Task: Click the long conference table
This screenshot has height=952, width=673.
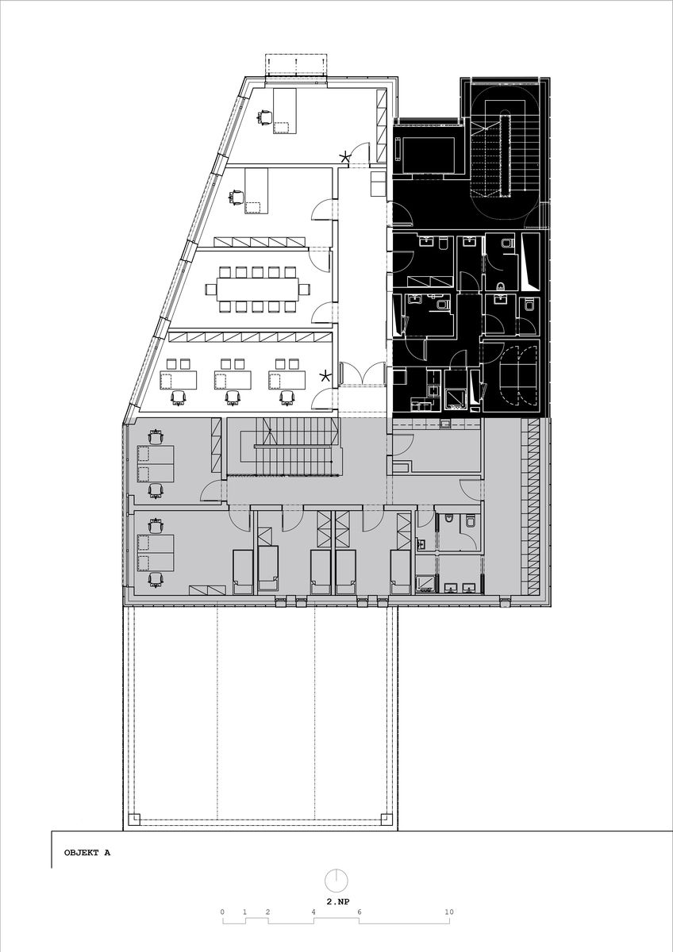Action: tap(256, 290)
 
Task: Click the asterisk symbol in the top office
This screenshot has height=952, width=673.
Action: tap(344, 157)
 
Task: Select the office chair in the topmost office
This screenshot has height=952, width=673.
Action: tap(264, 116)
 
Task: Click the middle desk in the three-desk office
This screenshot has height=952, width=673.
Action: tap(233, 379)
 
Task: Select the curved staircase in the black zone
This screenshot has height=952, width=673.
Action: tap(505, 152)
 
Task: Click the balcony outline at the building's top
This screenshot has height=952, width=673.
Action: tap(296, 64)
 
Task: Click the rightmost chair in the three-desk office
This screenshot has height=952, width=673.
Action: tap(287, 397)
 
